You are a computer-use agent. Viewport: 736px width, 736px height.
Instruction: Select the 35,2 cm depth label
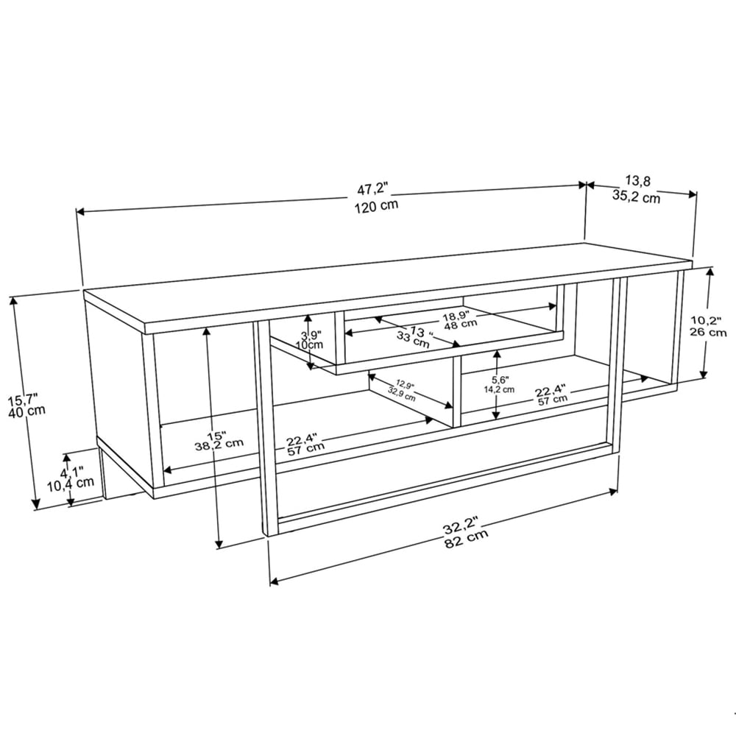[x=636, y=196]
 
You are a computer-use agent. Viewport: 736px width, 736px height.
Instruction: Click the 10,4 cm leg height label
[x=70, y=483]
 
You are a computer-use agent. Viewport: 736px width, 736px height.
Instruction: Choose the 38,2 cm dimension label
[x=219, y=443]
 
